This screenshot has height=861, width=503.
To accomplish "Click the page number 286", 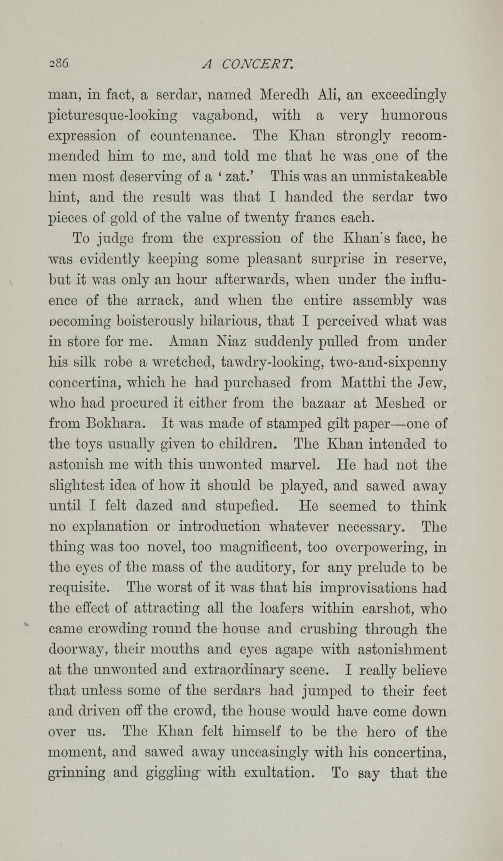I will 59,63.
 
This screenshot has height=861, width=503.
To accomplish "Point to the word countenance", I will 193,136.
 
